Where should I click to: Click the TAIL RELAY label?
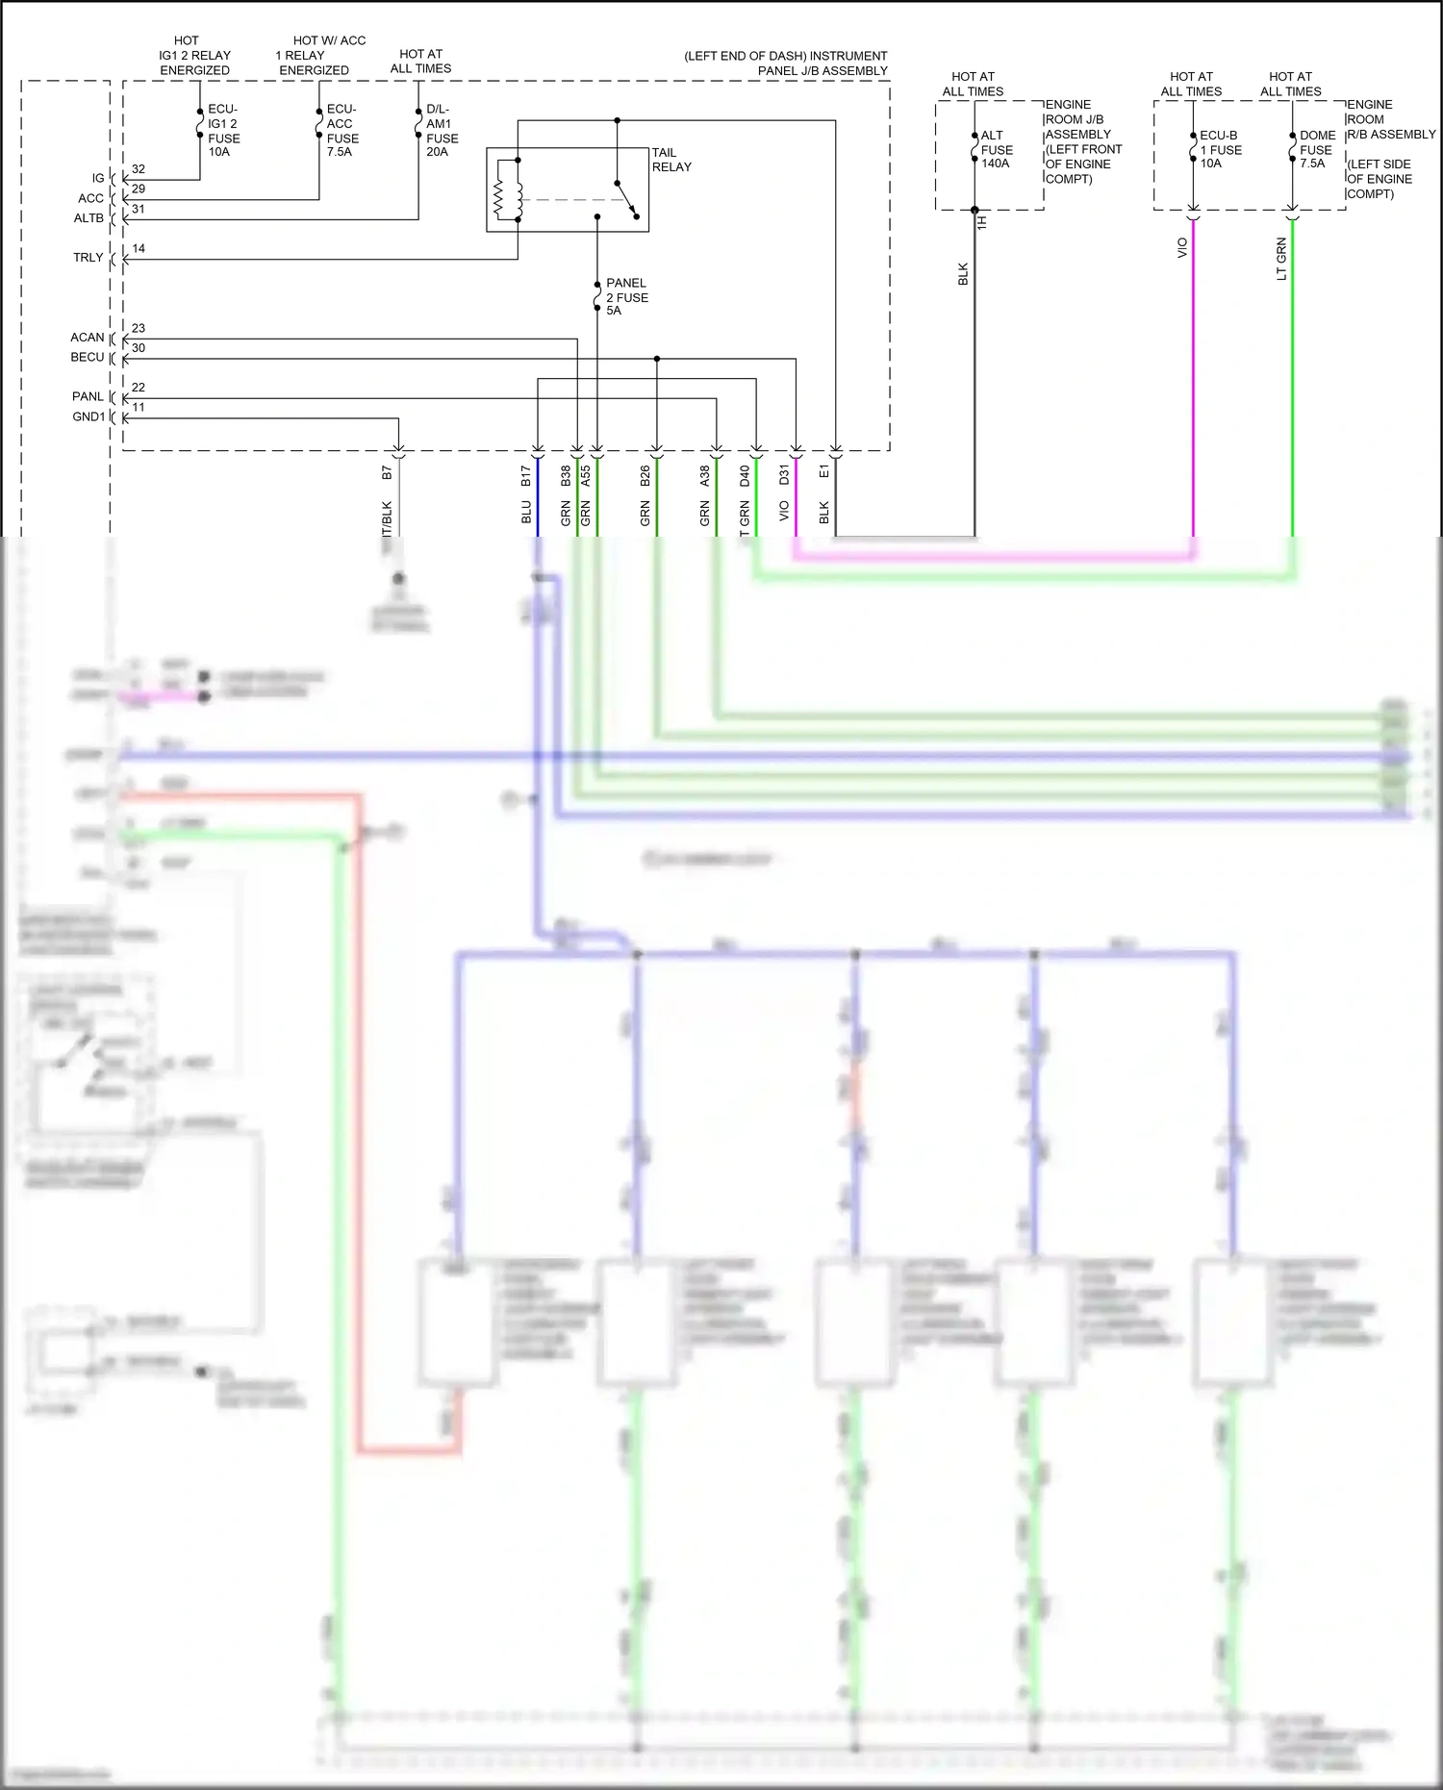point(671,160)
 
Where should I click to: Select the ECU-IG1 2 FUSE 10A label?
point(224,131)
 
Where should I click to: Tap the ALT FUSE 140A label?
point(997,149)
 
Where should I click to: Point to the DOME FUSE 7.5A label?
point(1317,149)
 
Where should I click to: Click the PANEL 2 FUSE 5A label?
point(626,296)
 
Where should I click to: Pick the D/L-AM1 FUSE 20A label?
point(442,131)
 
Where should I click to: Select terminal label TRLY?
point(88,258)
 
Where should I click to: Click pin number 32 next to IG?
point(139,169)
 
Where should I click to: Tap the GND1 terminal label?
point(89,416)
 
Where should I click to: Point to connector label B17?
point(526,475)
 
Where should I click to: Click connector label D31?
point(784,474)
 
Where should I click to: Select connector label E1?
point(823,471)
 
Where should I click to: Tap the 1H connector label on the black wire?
point(982,222)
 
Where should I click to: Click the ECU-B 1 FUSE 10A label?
point(1220,149)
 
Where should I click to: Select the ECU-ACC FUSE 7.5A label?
point(342,131)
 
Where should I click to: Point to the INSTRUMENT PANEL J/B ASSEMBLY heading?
point(786,63)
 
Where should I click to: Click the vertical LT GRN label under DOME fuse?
point(1281,259)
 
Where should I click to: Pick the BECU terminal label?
point(87,357)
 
